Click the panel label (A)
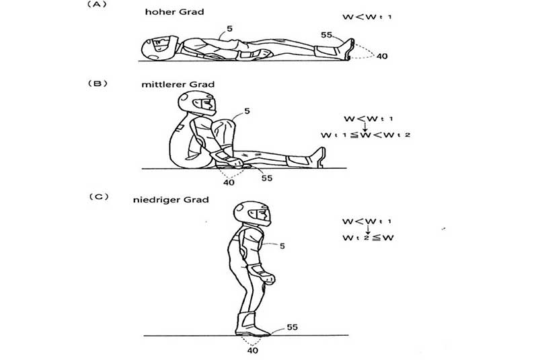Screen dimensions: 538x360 click(97, 5)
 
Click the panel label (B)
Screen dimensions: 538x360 click(98, 83)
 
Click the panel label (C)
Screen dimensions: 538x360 click(99, 196)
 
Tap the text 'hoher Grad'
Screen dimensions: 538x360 click(174, 12)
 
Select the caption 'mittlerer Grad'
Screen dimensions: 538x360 click(178, 84)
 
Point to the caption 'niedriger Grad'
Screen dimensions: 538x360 click(171, 200)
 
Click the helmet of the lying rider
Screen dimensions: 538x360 click(159, 48)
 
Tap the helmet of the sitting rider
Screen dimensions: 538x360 click(197, 102)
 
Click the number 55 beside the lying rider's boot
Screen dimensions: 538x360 click(327, 35)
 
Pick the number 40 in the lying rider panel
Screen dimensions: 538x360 click(382, 56)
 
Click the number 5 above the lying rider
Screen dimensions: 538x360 click(229, 29)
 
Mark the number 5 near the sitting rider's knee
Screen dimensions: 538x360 click(247, 111)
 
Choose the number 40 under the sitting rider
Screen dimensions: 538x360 click(229, 182)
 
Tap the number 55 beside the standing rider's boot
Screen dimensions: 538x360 click(292, 327)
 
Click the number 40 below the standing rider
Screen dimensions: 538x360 click(253, 351)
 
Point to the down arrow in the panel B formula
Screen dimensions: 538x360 click(365, 127)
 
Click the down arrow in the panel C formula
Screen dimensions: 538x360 click(368, 229)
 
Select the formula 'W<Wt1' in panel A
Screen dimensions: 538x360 click(367, 16)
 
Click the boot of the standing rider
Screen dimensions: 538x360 click(251, 324)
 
